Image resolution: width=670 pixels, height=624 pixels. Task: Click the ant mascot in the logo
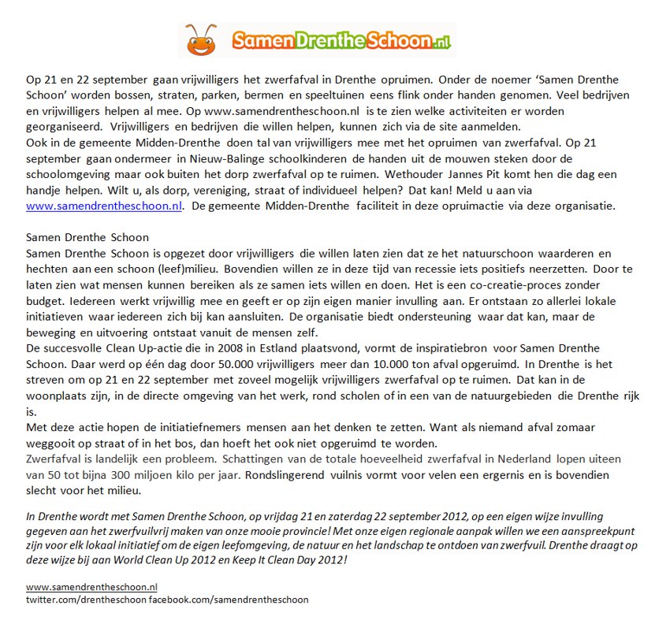[x=202, y=39]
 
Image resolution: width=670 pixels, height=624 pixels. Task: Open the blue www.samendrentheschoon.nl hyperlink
[x=104, y=206]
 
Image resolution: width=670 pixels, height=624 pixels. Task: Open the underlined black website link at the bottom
[x=91, y=587]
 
